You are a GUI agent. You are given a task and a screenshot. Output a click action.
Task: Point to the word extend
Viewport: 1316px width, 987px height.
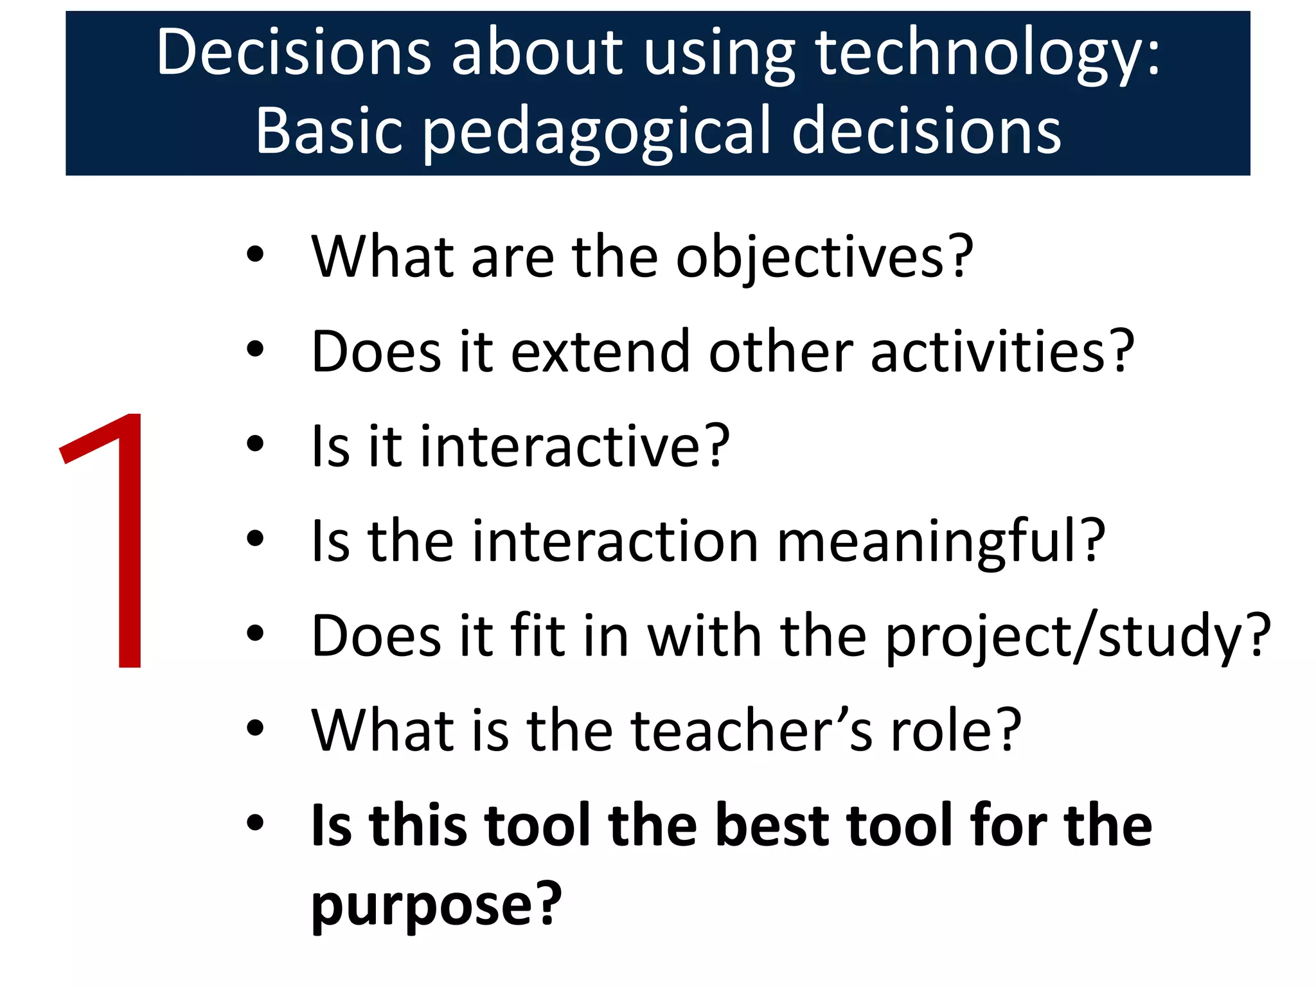(x=600, y=352)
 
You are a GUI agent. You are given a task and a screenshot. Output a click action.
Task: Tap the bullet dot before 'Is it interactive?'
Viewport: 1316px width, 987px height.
(x=255, y=444)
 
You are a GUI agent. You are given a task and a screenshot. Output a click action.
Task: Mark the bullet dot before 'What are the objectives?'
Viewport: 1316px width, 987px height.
(x=255, y=254)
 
